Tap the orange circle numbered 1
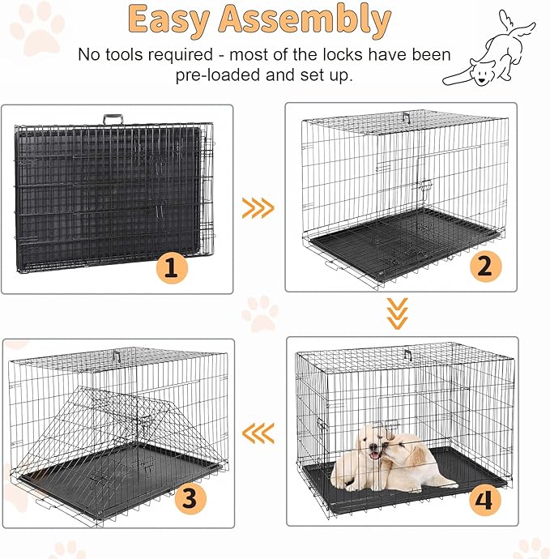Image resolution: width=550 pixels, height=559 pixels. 170,267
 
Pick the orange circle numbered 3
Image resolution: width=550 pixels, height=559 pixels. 189,497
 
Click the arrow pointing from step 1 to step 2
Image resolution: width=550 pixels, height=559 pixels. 258,209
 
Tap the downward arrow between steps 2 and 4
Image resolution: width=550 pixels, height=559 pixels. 397,313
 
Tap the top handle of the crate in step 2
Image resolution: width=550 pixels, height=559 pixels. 407,117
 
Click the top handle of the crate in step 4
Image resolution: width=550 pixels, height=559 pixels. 407,354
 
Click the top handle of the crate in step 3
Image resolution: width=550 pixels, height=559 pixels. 117,356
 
